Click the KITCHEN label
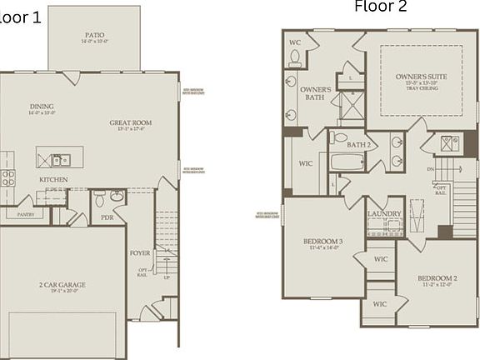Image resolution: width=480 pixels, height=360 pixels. click(53, 179)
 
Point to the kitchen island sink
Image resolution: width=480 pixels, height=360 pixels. click(60, 159)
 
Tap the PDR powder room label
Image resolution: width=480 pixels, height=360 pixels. click(107, 217)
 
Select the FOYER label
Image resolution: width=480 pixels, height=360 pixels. click(140, 252)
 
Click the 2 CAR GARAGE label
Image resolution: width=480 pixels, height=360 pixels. click(62, 285)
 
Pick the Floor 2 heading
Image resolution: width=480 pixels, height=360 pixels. click(381, 7)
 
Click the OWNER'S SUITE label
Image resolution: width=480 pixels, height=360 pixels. click(421, 77)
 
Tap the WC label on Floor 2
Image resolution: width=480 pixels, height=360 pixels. click(294, 41)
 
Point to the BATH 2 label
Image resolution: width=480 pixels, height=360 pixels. click(359, 145)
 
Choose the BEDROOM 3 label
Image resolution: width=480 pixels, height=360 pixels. click(321, 242)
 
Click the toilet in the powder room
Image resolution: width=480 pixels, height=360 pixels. click(99, 199)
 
